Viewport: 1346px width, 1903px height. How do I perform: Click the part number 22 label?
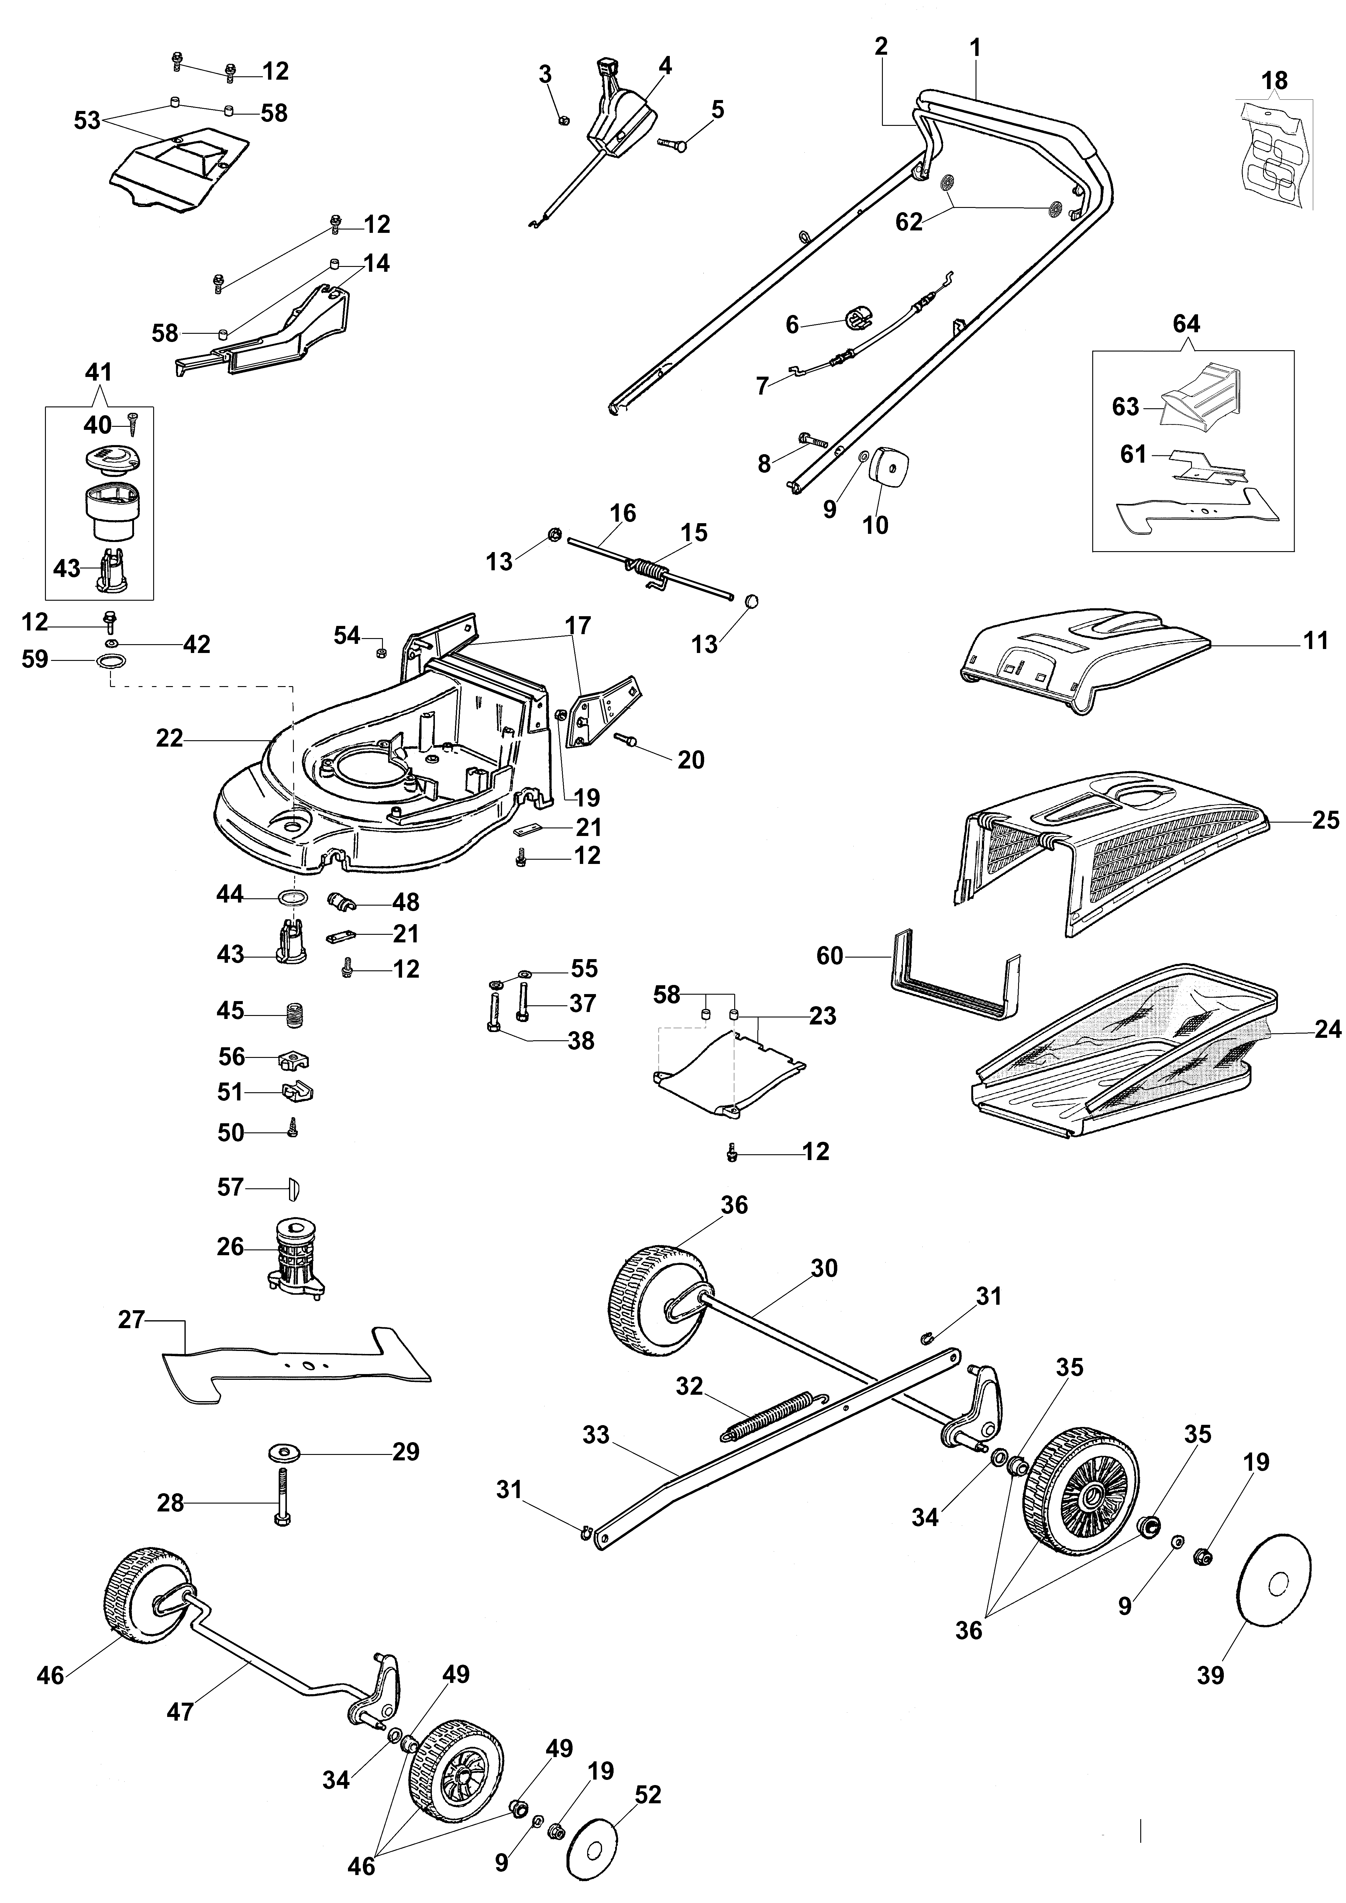pyautogui.click(x=169, y=738)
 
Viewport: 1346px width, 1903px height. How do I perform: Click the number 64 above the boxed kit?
pyautogui.click(x=1186, y=324)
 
